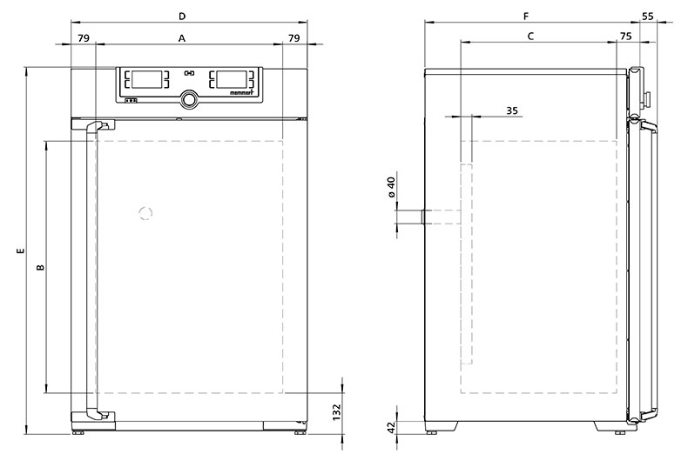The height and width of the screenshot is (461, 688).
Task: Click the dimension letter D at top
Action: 182,17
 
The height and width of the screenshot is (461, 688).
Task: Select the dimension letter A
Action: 182,38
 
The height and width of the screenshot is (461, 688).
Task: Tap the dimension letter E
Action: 20,251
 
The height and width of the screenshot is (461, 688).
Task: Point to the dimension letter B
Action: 40,267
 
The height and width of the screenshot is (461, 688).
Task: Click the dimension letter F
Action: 527,17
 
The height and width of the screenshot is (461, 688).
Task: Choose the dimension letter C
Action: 530,36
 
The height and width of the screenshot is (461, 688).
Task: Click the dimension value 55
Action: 648,17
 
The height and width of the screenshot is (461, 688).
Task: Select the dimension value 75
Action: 625,36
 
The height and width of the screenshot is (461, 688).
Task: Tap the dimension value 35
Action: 512,110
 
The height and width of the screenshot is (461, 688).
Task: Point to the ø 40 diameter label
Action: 392,187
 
